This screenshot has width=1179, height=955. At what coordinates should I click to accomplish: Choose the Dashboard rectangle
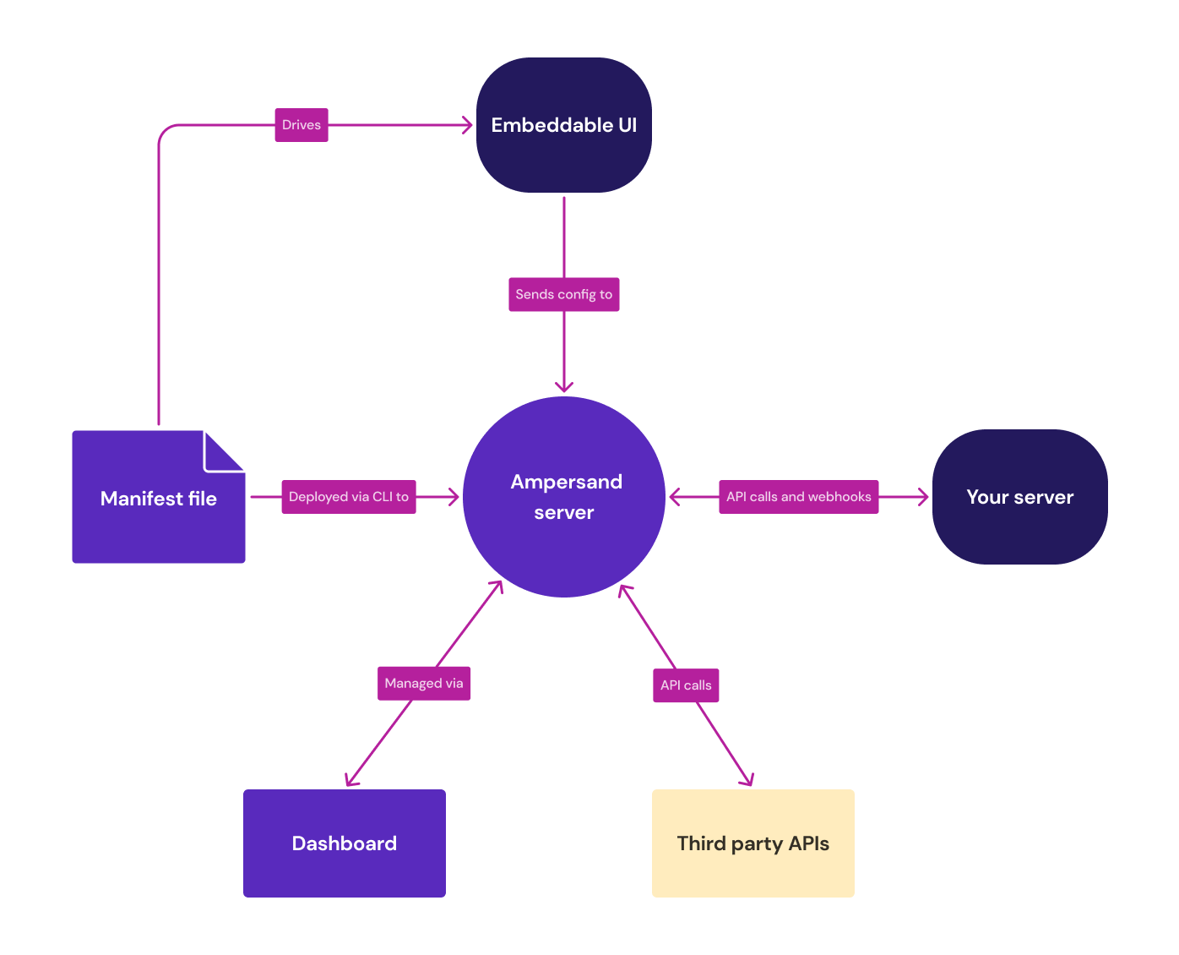[344, 843]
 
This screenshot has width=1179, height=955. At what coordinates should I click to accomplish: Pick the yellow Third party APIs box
[752, 843]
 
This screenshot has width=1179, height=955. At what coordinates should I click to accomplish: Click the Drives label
[302, 125]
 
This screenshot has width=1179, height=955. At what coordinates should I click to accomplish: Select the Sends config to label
[563, 294]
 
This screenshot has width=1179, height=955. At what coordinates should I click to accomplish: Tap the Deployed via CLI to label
[348, 497]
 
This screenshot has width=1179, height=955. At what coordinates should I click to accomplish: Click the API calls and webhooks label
[798, 497]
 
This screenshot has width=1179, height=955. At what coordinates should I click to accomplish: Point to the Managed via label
[424, 683]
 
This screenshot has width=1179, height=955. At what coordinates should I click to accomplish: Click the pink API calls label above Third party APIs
[686, 685]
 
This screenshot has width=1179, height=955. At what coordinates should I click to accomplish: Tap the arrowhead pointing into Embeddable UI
[467, 125]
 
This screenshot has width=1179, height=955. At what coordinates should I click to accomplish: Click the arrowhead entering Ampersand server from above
[564, 388]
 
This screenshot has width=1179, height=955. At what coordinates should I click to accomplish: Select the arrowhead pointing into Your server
[923, 497]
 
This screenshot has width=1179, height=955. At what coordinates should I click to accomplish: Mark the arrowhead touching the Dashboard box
[350, 781]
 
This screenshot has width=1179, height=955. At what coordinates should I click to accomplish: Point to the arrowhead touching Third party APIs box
[747, 781]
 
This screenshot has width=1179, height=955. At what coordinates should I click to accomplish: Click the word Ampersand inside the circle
[566, 482]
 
